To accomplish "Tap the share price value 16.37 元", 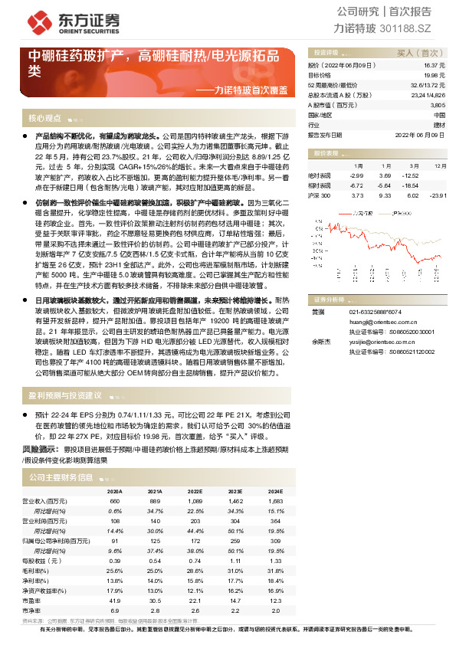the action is tap(435, 67).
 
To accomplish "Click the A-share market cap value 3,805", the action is tap(437, 104).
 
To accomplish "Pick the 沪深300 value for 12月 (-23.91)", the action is tap(437, 195).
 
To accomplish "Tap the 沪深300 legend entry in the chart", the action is tap(404, 213).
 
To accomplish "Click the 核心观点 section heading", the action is tap(44, 119).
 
